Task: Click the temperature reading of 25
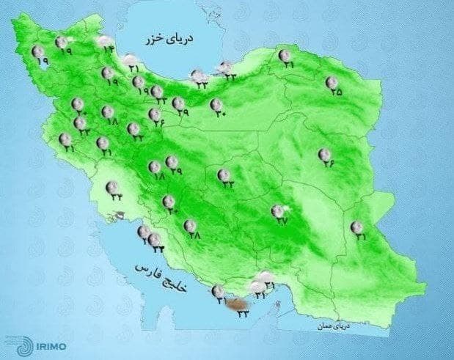tap(336, 93)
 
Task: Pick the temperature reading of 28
tap(194, 235)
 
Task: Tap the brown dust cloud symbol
tap(238, 302)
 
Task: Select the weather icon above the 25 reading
tap(332, 82)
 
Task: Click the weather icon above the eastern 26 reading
tap(323, 154)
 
